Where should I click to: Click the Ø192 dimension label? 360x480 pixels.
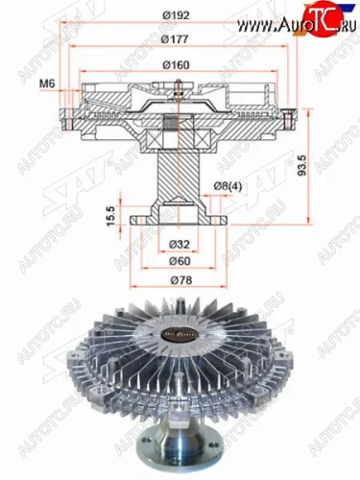tap(180, 15)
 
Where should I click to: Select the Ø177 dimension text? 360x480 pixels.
tap(180, 40)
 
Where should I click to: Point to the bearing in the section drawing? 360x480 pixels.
tap(180, 124)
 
